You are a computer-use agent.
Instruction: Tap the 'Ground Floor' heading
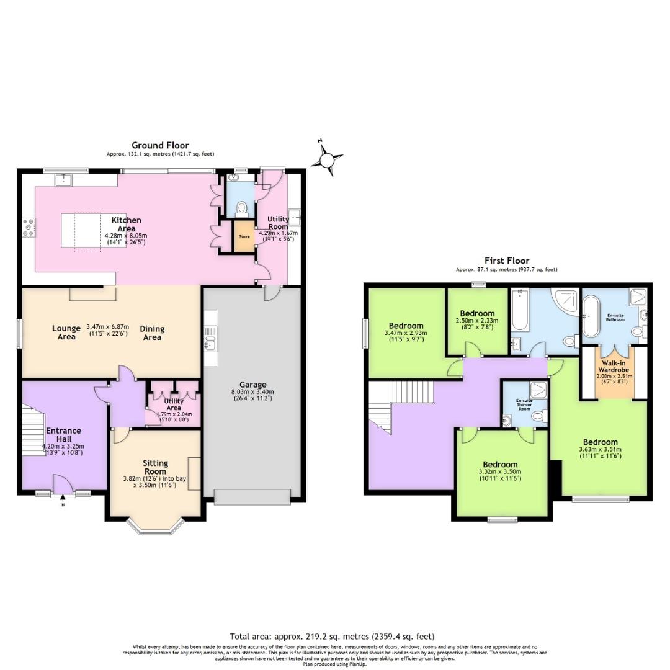tap(160, 146)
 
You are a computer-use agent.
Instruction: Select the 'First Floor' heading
tap(507, 261)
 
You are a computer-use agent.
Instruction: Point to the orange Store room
tap(244, 237)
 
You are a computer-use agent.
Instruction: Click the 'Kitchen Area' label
tap(126, 225)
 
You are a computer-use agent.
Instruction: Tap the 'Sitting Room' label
tap(155, 467)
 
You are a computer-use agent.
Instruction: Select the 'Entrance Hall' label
tap(64, 435)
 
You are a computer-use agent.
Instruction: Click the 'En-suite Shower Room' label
tap(524, 404)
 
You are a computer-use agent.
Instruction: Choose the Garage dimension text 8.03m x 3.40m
tap(252, 392)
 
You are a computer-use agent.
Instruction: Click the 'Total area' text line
tap(332, 636)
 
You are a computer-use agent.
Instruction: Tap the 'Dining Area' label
tap(152, 333)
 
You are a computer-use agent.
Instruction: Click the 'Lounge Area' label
tap(66, 333)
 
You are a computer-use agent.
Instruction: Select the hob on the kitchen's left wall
tap(29, 228)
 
